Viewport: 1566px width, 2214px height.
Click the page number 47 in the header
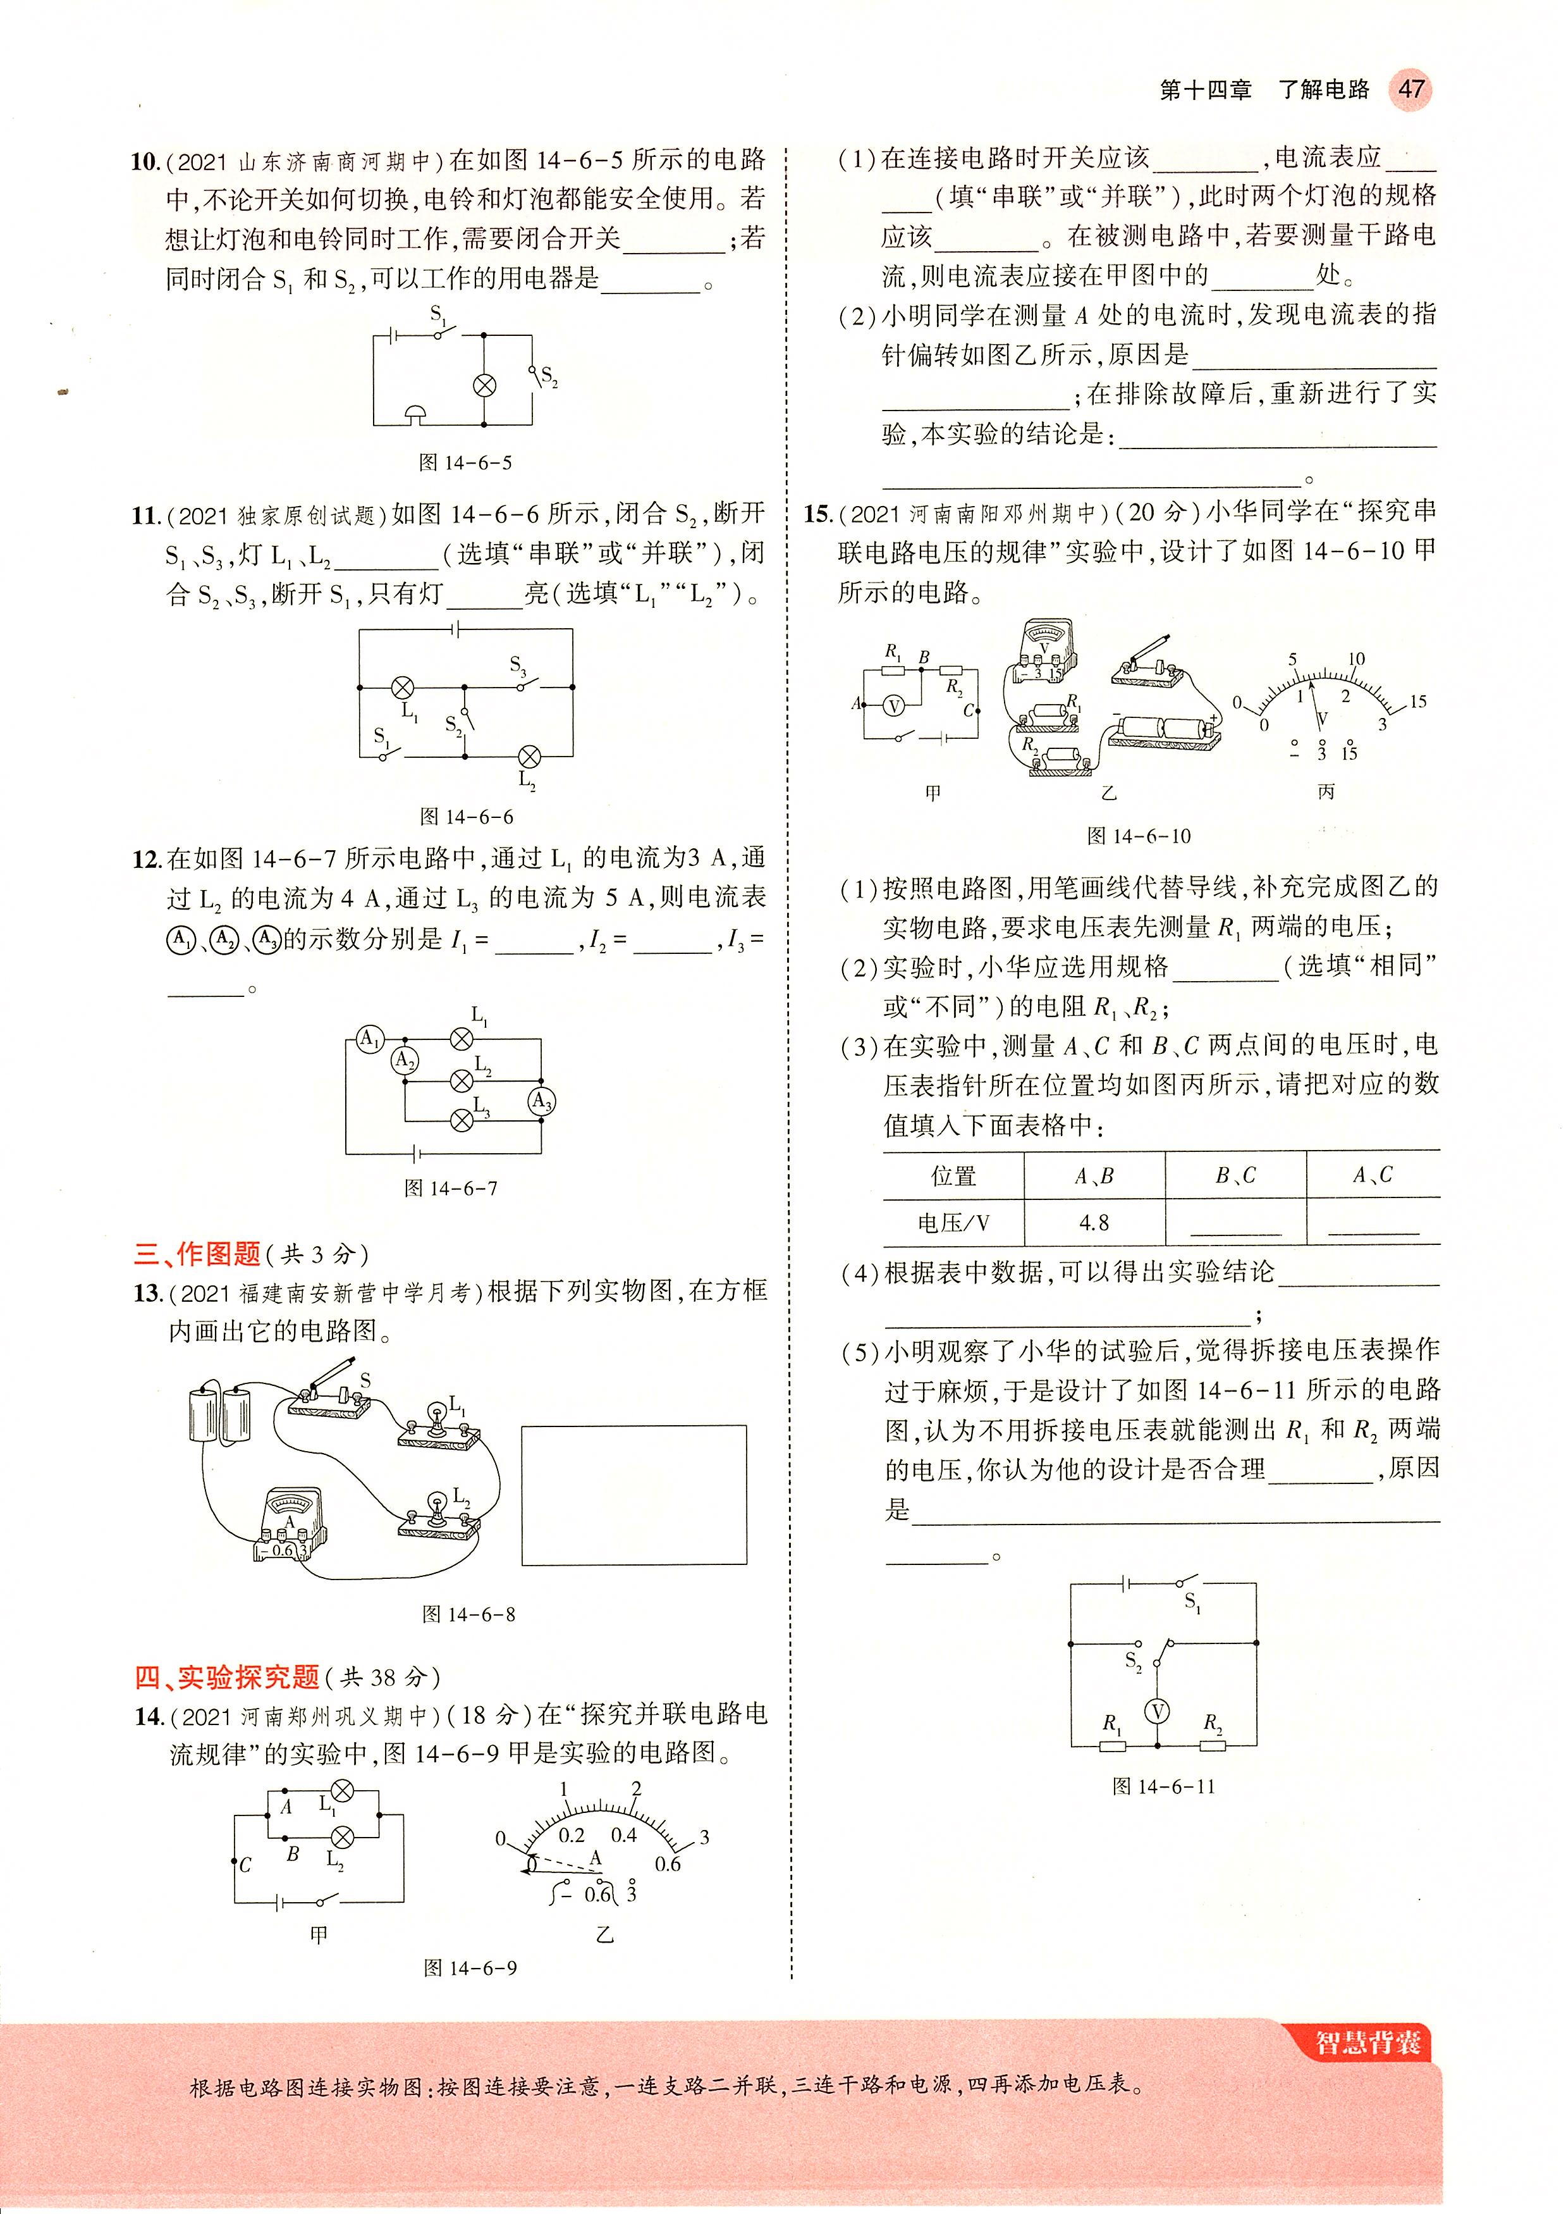pos(1410,90)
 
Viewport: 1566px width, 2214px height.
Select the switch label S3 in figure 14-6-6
pos(518,665)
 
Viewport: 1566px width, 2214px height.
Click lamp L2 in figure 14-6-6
pos(529,757)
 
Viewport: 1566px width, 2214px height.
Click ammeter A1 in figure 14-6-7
pos(369,1039)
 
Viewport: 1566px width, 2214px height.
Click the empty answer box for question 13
pos(633,1494)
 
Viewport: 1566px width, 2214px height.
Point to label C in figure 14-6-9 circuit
pos(245,1865)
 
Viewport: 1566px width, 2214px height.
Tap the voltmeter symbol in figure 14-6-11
pos(1156,1711)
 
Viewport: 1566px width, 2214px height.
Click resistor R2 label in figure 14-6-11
pos(1213,1722)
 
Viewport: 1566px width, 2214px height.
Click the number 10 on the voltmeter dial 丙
pos(1355,659)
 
